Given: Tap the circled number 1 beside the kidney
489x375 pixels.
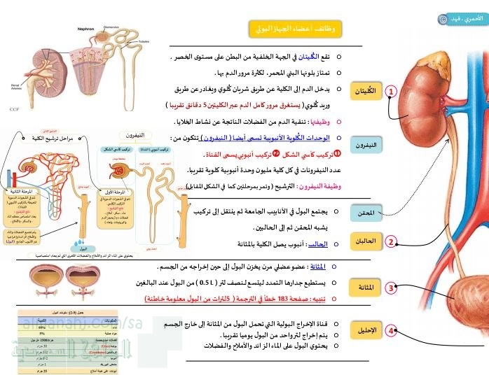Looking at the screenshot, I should [391, 91].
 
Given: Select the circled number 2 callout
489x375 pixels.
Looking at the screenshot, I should [391, 242].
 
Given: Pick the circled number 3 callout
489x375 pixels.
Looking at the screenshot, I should [391, 286].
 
